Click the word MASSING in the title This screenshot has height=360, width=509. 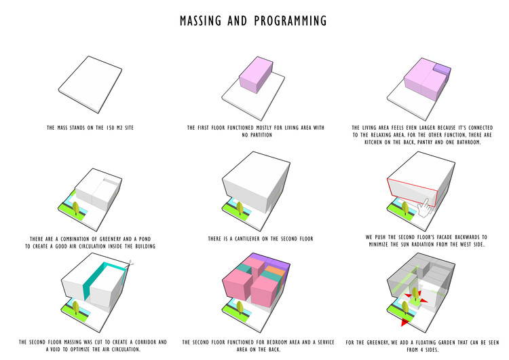(201, 21)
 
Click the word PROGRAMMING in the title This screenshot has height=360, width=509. (290, 21)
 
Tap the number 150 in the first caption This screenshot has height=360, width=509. (111, 128)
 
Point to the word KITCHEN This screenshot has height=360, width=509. (373, 142)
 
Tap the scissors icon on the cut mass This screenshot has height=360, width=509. (131, 263)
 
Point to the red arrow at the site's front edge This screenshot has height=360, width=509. (404, 322)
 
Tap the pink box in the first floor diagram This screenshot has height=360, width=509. (256, 75)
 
